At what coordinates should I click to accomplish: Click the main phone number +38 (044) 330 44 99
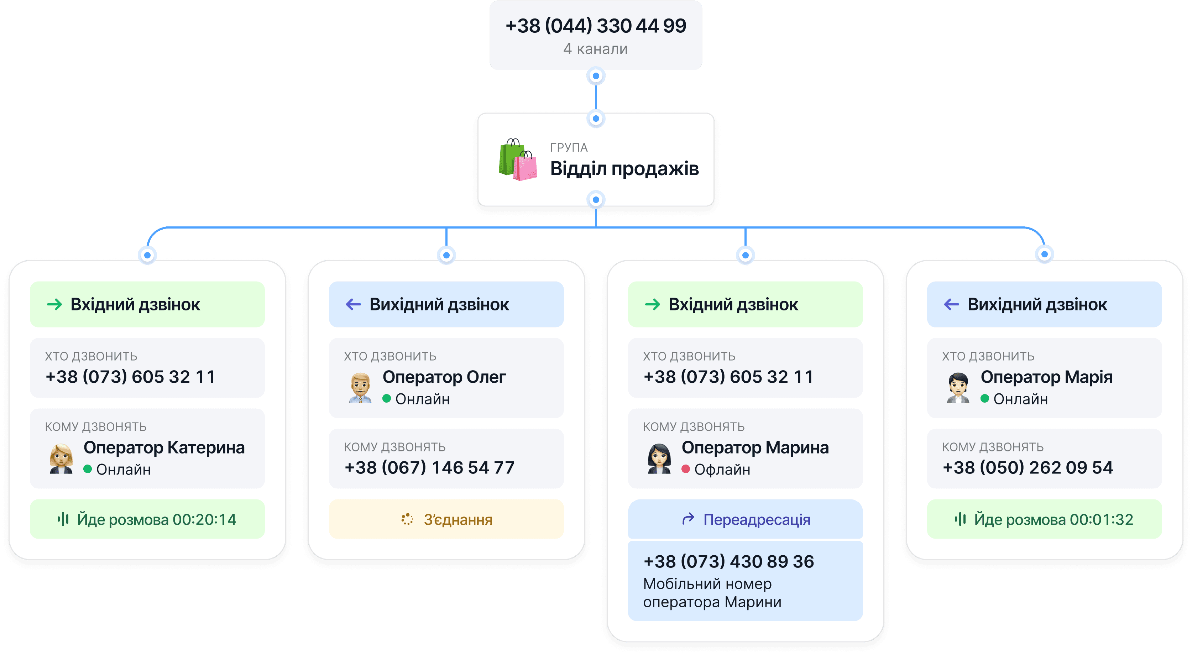(596, 26)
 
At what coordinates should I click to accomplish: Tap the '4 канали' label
(596, 49)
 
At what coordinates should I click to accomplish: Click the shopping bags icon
(518, 159)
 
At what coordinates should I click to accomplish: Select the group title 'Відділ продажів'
(624, 169)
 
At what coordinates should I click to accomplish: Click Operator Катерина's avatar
(61, 459)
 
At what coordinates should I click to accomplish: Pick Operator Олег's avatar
(360, 388)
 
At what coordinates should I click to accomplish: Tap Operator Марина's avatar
(659, 459)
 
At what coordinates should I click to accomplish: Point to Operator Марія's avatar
(958, 388)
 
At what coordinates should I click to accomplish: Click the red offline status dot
(686, 470)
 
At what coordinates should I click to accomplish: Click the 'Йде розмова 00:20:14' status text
(156, 519)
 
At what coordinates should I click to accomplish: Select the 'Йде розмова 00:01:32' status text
(1053, 519)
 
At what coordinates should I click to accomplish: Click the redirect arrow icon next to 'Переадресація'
(689, 519)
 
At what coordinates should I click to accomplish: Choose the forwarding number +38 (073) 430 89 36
(728, 562)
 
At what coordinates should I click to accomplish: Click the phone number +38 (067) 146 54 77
(429, 468)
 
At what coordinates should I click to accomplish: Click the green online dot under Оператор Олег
(387, 398)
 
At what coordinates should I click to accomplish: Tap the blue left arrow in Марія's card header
(951, 304)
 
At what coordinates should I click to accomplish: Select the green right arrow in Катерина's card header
(54, 304)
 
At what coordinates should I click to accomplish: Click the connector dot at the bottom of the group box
(596, 200)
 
